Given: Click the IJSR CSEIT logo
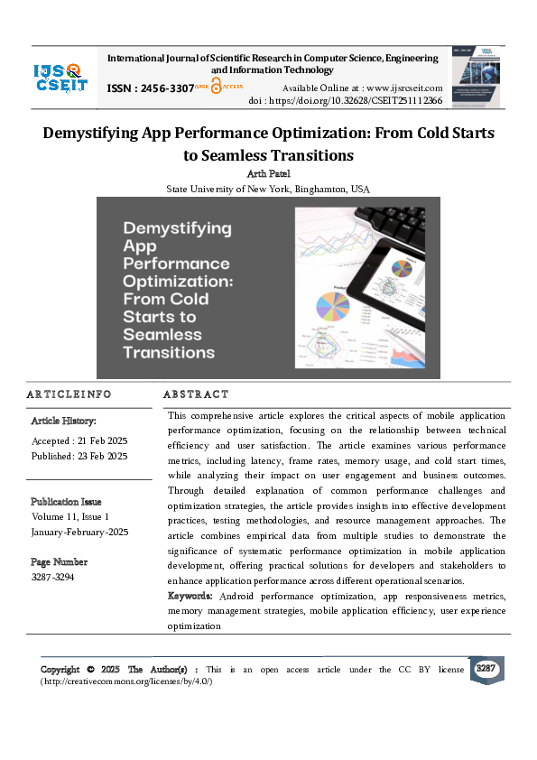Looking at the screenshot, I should (60, 76).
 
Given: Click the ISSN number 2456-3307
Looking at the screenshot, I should (162, 88).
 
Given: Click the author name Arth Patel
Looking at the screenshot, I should (267, 173).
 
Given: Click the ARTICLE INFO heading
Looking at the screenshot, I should (69, 394).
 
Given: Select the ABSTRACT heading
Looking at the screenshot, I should (196, 394).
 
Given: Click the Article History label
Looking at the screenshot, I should (64, 422).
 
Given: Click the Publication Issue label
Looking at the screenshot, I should (66, 502).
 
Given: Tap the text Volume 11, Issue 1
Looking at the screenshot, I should (69, 517).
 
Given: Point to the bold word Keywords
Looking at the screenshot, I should (190, 597).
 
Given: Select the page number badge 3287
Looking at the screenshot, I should (486, 669).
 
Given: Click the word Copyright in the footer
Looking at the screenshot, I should (61, 670).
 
